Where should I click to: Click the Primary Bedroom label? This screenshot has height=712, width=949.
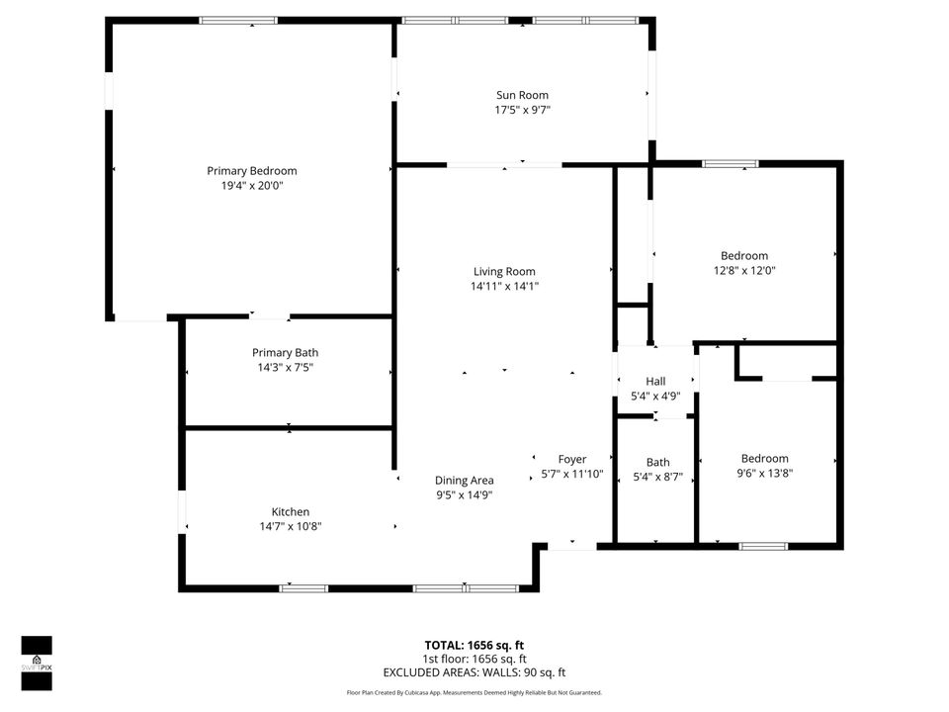pos(251,171)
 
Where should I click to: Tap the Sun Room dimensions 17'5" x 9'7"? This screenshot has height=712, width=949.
pos(522,110)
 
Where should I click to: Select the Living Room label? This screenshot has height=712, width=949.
pos(504,272)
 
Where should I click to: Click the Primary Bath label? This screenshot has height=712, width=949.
pos(285,352)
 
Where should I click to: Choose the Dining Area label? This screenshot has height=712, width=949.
pos(465,481)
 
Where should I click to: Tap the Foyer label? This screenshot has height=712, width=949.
pos(572,459)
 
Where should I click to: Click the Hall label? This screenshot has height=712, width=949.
pos(655,382)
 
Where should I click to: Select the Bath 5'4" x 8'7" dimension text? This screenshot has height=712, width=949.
pos(657,477)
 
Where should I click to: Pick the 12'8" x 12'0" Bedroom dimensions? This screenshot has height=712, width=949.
pos(744,270)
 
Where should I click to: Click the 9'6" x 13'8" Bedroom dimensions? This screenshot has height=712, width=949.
pos(765,473)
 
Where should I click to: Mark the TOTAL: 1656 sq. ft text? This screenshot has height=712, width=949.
pos(474,644)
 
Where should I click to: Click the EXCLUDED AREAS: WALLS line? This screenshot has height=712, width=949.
pos(474,672)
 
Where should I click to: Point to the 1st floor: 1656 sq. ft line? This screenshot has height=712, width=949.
pos(474,659)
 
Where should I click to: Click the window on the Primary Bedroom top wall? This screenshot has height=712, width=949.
pos(238,20)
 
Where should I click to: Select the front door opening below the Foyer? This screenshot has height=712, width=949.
pos(572,544)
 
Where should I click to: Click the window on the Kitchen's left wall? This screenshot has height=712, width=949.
pos(182,512)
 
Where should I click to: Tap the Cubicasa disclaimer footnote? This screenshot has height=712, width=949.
pos(474,693)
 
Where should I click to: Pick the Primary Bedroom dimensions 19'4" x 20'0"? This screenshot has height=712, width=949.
pos(251,185)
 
